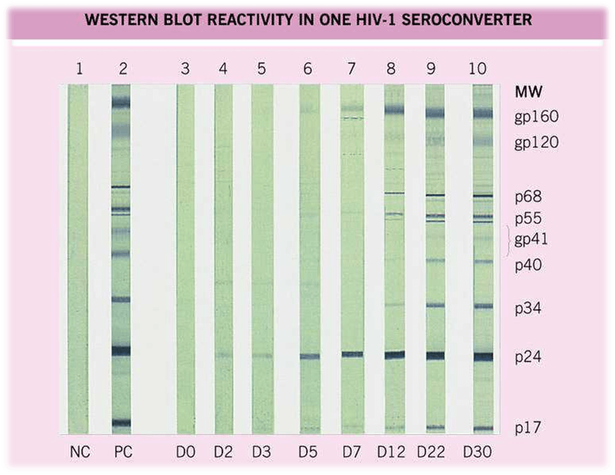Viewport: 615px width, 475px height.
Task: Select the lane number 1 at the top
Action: coord(80,69)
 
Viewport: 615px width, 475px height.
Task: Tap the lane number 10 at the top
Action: coord(478,69)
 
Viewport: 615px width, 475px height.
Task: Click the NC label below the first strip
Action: coord(80,452)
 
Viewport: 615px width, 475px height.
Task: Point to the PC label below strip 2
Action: coord(123,452)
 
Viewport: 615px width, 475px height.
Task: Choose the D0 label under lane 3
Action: coord(186,452)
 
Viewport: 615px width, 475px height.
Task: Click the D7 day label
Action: coord(351,452)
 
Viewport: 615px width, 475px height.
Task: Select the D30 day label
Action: coord(478,452)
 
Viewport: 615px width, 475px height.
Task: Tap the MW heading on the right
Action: coord(528,92)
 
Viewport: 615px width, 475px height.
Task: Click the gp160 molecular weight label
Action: coord(536,116)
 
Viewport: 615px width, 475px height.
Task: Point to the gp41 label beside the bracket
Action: coord(531,240)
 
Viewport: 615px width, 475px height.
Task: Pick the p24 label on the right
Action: coord(528,357)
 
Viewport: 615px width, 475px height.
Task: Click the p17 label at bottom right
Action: coord(528,427)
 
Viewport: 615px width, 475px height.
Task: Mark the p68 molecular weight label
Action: coord(528,197)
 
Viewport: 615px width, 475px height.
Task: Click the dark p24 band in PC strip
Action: coord(121,352)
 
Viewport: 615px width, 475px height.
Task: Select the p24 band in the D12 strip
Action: coord(394,355)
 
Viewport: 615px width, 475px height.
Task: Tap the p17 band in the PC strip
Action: coord(121,423)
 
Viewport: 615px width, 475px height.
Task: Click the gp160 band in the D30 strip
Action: coord(483,113)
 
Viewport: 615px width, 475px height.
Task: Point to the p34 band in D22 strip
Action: coord(435,305)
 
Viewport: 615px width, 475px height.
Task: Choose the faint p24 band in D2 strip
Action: coord(223,355)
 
